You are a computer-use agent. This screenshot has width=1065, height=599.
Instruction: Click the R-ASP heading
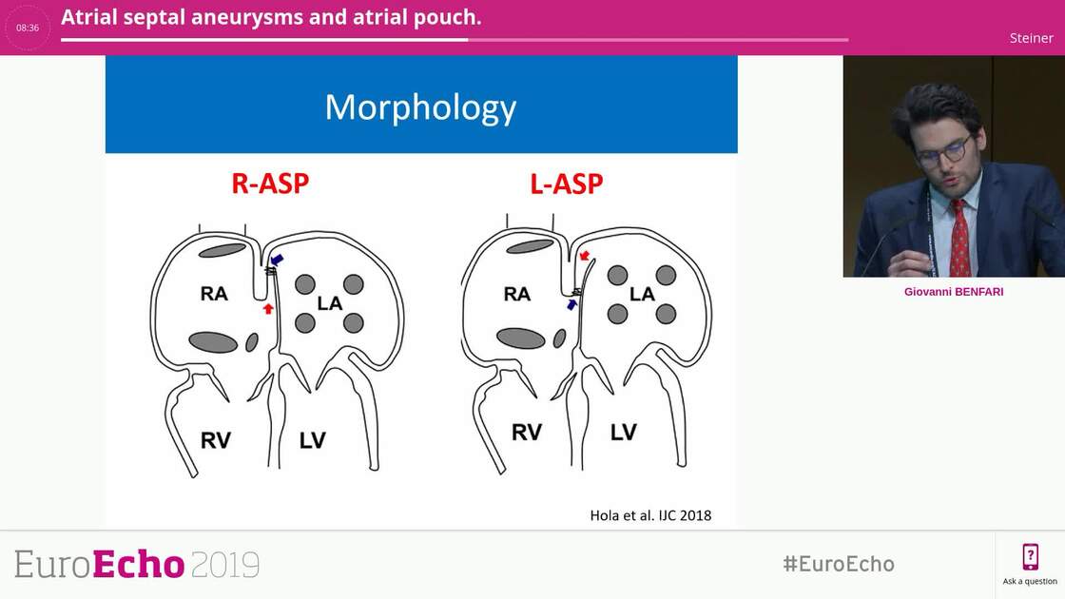pos(270,183)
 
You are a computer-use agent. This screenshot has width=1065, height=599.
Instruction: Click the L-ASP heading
pos(567,183)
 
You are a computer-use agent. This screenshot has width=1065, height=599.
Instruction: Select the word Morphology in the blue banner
pos(420,107)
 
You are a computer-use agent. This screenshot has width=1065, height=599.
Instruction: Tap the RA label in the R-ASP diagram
pos(214,294)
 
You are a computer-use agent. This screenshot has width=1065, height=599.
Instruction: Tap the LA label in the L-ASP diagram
pos(642,294)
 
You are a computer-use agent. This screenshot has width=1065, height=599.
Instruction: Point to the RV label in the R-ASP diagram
pos(216,439)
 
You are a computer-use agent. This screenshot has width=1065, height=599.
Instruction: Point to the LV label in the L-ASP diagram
pos(623,433)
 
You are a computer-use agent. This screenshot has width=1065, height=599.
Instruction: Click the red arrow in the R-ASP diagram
pos(268,308)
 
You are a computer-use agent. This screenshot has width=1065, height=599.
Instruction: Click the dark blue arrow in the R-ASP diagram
pos(277,260)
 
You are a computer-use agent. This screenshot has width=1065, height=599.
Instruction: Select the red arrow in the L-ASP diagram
pos(585,255)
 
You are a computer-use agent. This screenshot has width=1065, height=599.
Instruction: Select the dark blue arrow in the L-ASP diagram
pos(572,304)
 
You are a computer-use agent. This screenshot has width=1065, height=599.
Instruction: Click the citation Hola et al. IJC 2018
pos(650,515)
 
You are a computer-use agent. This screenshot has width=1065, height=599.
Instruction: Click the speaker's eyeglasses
pos(942,150)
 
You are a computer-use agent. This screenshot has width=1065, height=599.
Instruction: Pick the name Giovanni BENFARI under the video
pos(954,292)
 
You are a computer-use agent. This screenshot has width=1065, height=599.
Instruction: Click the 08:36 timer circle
pos(28,28)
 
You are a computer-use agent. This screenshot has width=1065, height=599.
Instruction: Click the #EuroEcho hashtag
pos(838,564)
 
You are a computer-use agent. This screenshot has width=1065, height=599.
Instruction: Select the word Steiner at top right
pos(1031,38)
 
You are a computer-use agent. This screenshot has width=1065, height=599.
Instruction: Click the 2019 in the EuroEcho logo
pos(225,565)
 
